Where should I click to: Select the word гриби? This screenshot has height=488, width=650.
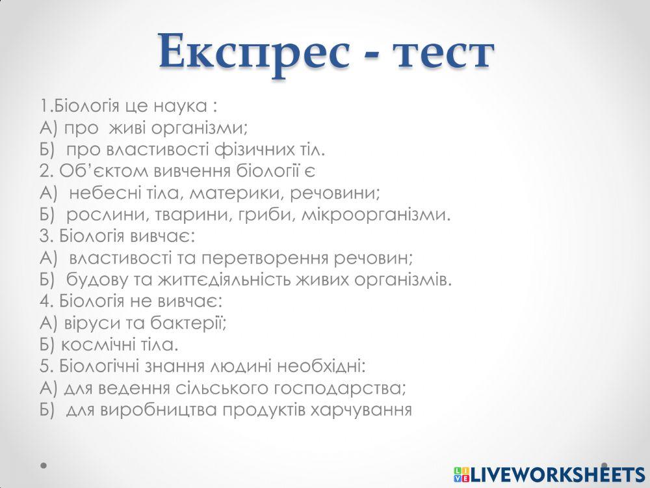point(268,215)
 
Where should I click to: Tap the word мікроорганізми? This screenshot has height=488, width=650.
point(376,215)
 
